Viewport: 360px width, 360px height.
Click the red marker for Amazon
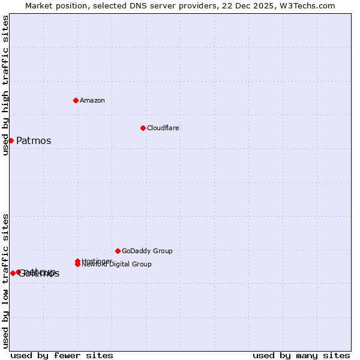click(76, 100)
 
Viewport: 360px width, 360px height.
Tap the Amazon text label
click(92, 100)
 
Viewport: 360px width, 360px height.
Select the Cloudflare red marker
click(143, 128)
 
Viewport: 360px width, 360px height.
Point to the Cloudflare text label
click(163, 128)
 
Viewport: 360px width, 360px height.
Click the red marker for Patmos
click(11, 140)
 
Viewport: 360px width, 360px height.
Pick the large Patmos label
click(34, 141)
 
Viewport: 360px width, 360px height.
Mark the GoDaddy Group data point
click(118, 251)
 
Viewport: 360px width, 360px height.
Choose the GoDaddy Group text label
click(147, 251)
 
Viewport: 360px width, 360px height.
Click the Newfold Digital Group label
click(118, 265)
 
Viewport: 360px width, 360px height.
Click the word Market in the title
click(39, 5)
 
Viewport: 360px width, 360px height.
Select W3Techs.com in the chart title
click(306, 5)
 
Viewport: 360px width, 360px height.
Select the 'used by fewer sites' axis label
click(62, 355)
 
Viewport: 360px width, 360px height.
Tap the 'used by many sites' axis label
click(301, 355)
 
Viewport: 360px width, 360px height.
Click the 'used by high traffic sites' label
click(5, 85)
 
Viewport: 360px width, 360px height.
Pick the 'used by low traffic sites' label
click(5, 281)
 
